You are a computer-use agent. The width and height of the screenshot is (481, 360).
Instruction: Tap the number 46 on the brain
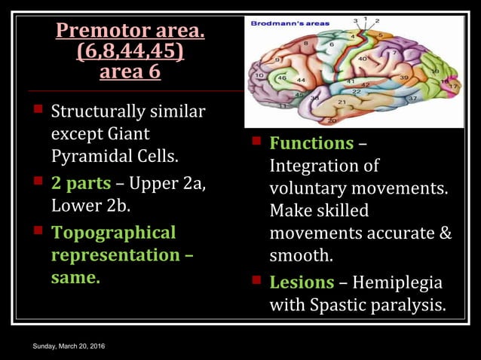pyautogui.click(x=282, y=78)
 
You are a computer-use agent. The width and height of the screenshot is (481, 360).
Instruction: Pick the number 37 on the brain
pyautogui.click(x=412, y=99)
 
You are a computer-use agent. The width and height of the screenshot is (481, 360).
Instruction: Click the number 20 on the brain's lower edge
pyautogui.click(x=331, y=120)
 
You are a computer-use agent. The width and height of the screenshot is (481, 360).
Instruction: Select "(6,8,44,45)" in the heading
pyautogui.click(x=130, y=53)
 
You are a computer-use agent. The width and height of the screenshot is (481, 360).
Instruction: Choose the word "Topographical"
pyautogui.click(x=113, y=233)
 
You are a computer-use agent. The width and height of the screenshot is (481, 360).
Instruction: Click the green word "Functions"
pyautogui.click(x=311, y=142)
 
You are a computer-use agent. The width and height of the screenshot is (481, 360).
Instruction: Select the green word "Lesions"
pyautogui.click(x=302, y=282)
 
